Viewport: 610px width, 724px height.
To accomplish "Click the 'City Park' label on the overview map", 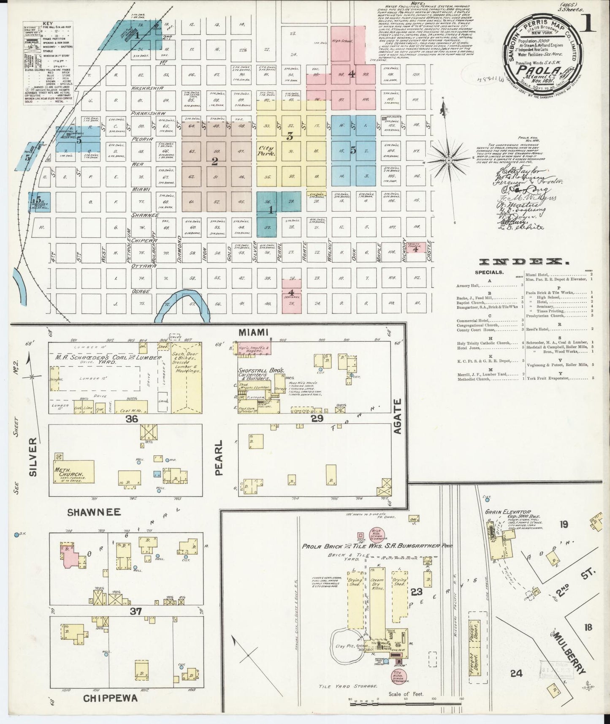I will [267, 151].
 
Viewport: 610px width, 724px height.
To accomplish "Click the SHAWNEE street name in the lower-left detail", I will [94, 512].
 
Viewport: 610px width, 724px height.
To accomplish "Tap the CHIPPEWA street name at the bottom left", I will [110, 698].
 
